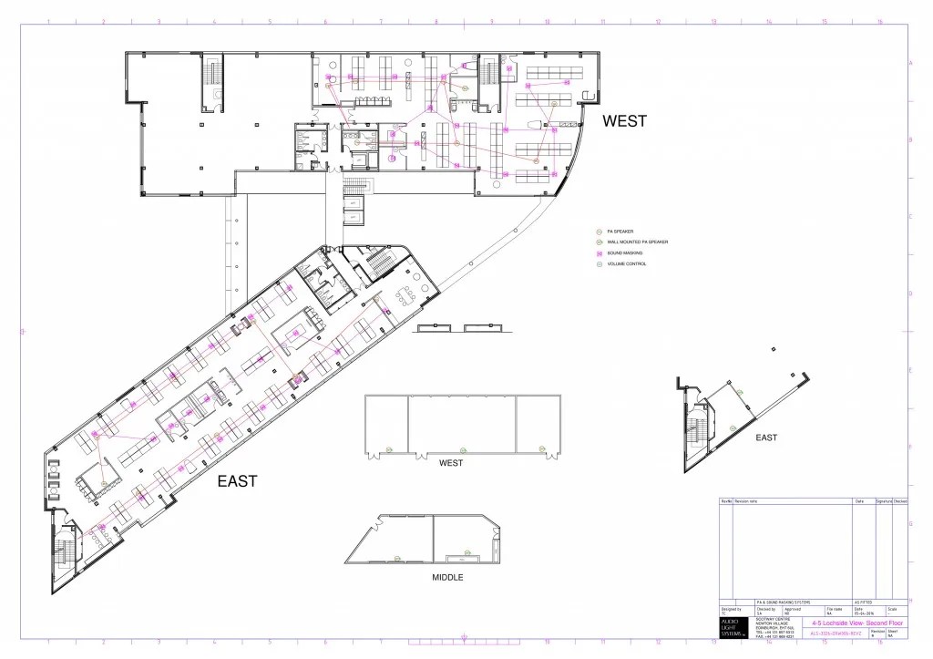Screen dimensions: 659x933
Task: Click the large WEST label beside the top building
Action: click(624, 120)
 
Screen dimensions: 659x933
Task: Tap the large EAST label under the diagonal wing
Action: click(236, 480)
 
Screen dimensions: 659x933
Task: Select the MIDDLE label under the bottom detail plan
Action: click(447, 577)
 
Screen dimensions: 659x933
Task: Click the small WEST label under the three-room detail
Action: click(450, 463)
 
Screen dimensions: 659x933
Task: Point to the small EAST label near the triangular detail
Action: click(766, 438)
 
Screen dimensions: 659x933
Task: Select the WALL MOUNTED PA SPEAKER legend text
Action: click(638, 242)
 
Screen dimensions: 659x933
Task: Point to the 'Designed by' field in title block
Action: click(731, 608)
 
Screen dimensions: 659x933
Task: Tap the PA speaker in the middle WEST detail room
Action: click(464, 449)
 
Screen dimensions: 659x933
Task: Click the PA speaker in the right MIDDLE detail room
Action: click(464, 552)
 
